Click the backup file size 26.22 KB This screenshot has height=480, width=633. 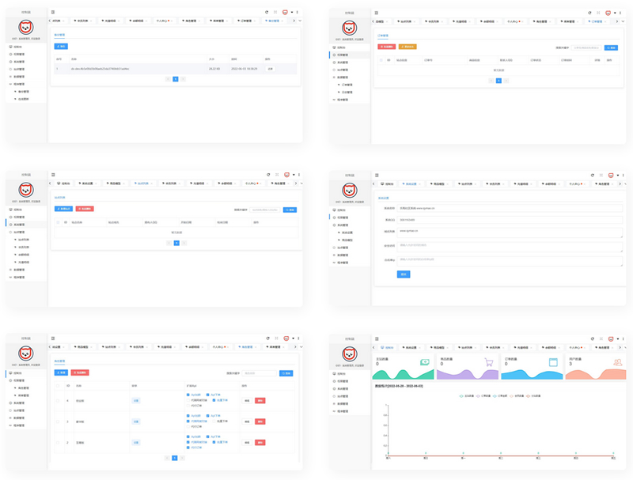(x=214, y=69)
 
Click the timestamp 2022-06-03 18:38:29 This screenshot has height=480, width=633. (x=244, y=69)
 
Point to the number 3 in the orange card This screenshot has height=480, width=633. (x=570, y=365)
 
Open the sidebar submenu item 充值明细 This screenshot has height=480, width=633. (x=23, y=248)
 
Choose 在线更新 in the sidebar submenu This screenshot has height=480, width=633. (x=24, y=99)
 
